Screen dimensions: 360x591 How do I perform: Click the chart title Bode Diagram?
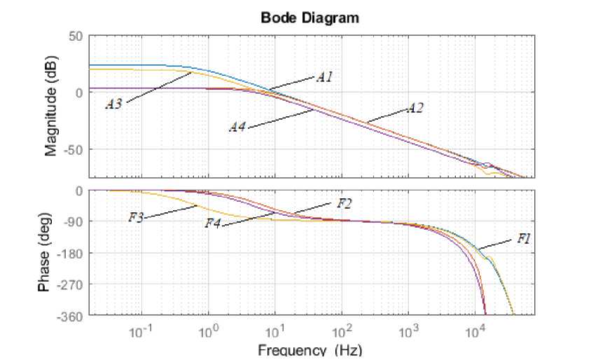click(x=310, y=18)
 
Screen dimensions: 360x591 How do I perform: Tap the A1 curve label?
click(x=324, y=77)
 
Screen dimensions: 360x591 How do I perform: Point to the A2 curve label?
click(x=415, y=108)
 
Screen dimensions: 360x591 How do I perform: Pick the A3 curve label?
click(x=114, y=104)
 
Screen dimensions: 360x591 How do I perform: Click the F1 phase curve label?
click(x=524, y=239)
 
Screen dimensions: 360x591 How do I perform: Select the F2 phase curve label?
click(x=344, y=203)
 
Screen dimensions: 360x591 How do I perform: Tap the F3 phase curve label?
click(x=136, y=218)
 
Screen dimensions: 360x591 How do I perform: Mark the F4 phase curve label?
click(x=212, y=223)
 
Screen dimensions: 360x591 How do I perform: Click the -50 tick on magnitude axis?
click(x=74, y=149)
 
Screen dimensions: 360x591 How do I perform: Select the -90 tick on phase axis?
click(x=74, y=221)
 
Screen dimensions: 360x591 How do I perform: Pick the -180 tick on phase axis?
click(x=71, y=253)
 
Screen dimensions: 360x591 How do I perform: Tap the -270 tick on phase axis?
click(x=71, y=284)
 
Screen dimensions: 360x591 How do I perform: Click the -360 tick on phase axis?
click(x=71, y=315)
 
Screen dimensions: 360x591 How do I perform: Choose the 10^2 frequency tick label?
click(x=342, y=331)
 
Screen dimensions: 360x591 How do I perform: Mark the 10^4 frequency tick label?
click(x=475, y=331)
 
